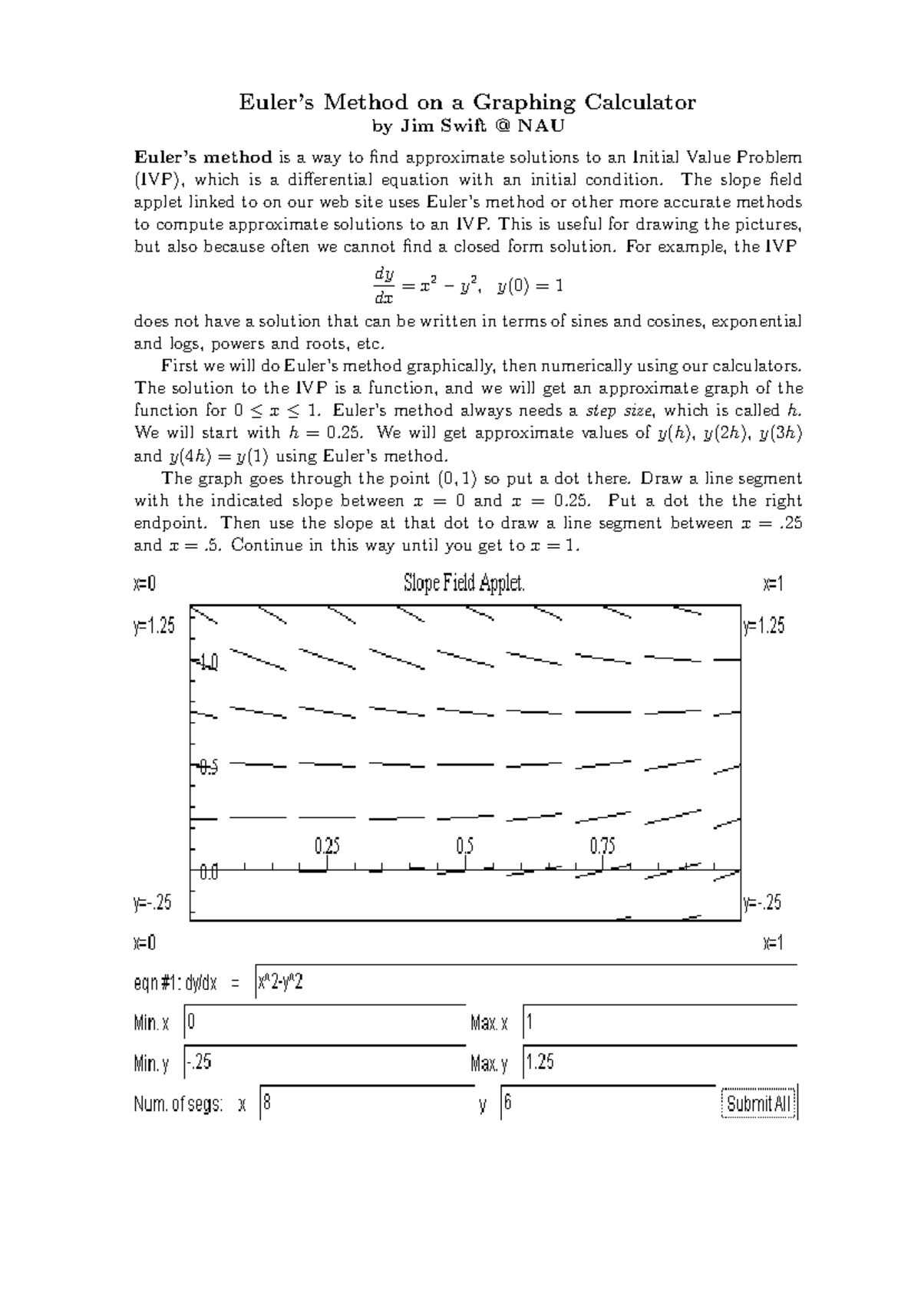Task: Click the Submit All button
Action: (759, 1103)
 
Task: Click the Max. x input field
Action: (659, 1023)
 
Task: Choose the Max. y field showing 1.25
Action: (659, 1063)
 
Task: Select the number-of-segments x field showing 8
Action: (367, 1103)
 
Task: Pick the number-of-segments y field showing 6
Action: (607, 1103)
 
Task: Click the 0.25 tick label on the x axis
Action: (327, 846)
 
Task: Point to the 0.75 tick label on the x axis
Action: (602, 846)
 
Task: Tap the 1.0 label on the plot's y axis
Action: (209, 661)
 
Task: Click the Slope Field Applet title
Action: (464, 584)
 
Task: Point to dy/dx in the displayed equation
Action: (383, 285)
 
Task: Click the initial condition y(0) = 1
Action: (530, 286)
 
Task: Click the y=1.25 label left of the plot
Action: (154, 626)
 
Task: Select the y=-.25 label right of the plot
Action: (762, 902)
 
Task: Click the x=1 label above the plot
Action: (773, 584)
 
